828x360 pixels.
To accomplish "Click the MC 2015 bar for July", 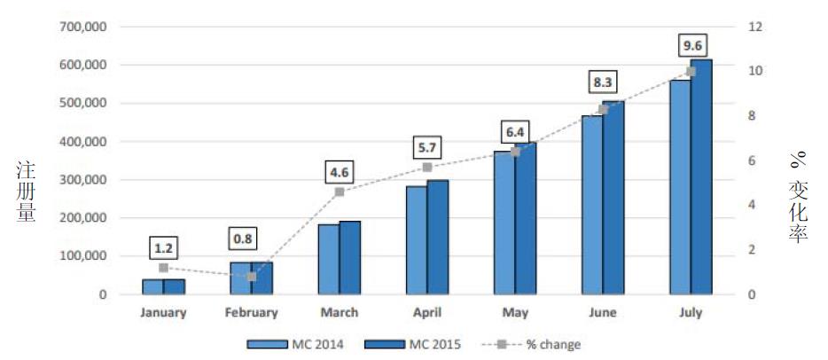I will (701, 176).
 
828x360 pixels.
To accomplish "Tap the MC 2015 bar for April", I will (438, 237).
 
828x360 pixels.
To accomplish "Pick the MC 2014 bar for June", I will (592, 205).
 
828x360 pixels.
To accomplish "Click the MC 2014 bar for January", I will (152, 286).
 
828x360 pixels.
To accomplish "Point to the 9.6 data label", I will (691, 44).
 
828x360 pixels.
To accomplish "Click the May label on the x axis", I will (515, 312).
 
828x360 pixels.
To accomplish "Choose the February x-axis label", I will (251, 312).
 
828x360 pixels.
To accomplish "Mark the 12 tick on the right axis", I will (754, 27).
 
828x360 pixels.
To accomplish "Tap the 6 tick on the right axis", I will (752, 160).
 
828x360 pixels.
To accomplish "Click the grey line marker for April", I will (427, 167).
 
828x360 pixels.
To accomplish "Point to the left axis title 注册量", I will (26, 192).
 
